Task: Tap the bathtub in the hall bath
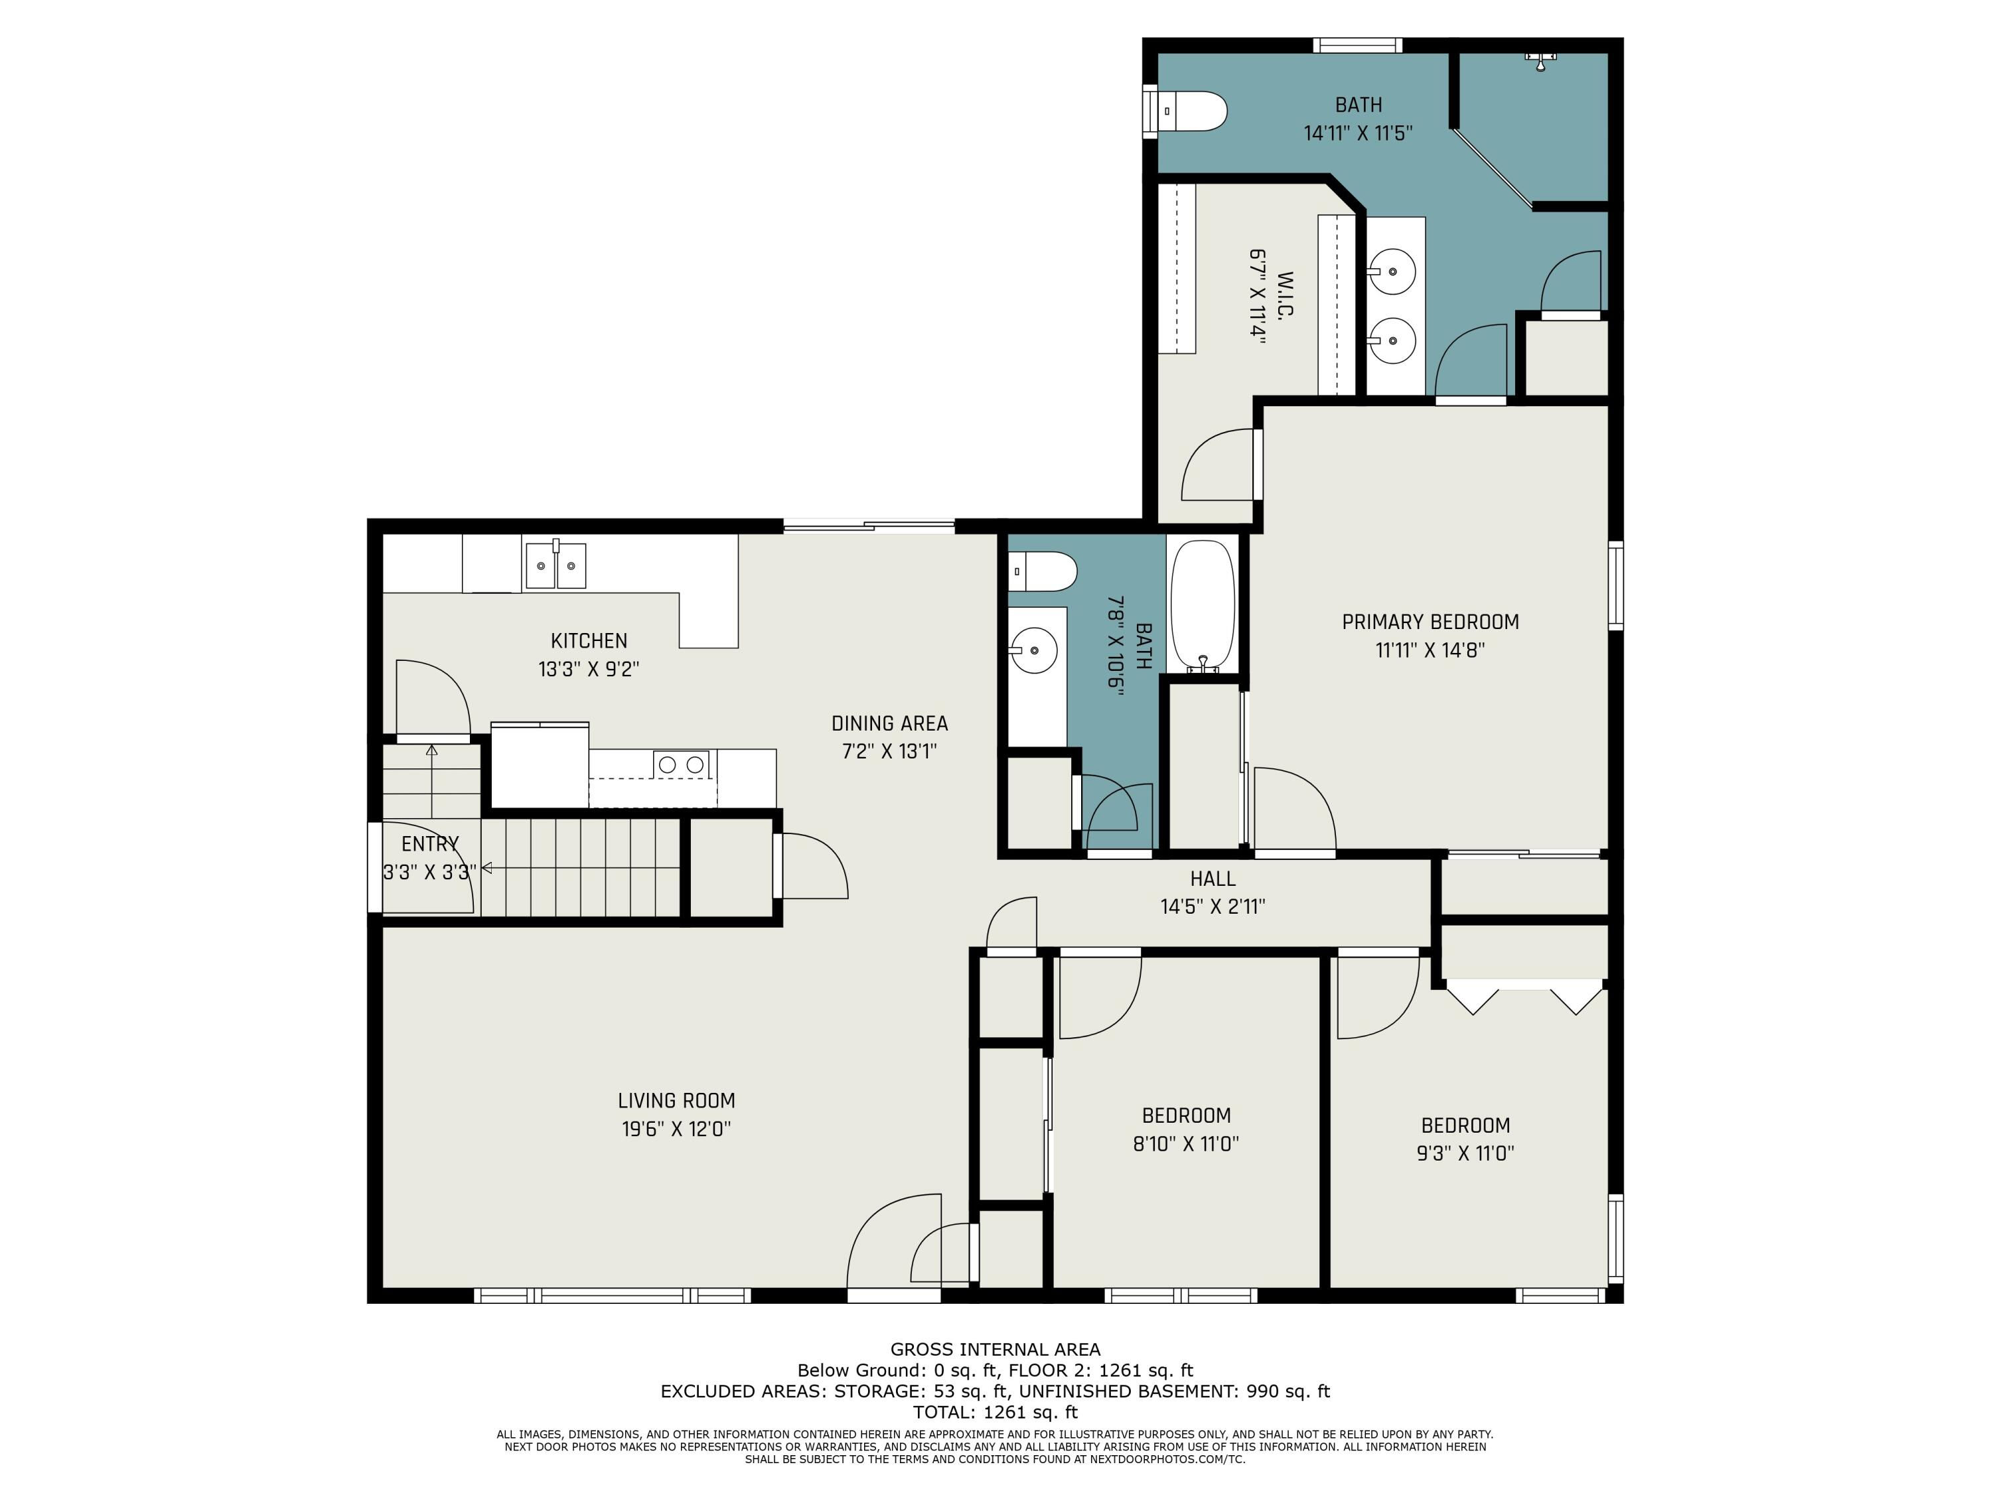(1203, 604)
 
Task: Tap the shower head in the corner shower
(1540, 61)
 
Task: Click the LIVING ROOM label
(676, 1101)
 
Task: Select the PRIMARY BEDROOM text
(1430, 622)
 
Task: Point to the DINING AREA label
(889, 723)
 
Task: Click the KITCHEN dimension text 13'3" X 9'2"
(589, 670)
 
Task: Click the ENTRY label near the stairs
(430, 844)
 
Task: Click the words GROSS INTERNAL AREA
(995, 1349)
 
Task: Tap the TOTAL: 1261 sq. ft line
(995, 1412)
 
